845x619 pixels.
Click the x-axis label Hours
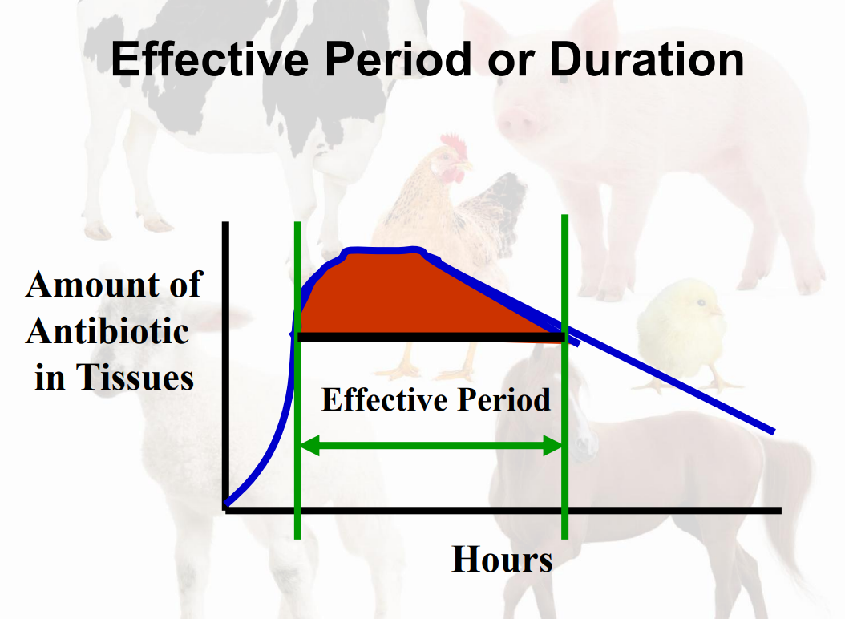click(x=502, y=559)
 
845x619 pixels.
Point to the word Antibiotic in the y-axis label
click(x=107, y=330)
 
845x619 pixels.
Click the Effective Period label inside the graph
click(x=435, y=399)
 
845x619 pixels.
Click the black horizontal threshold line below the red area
click(x=433, y=337)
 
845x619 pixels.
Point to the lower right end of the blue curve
click(x=771, y=431)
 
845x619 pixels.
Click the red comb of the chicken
click(x=455, y=146)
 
